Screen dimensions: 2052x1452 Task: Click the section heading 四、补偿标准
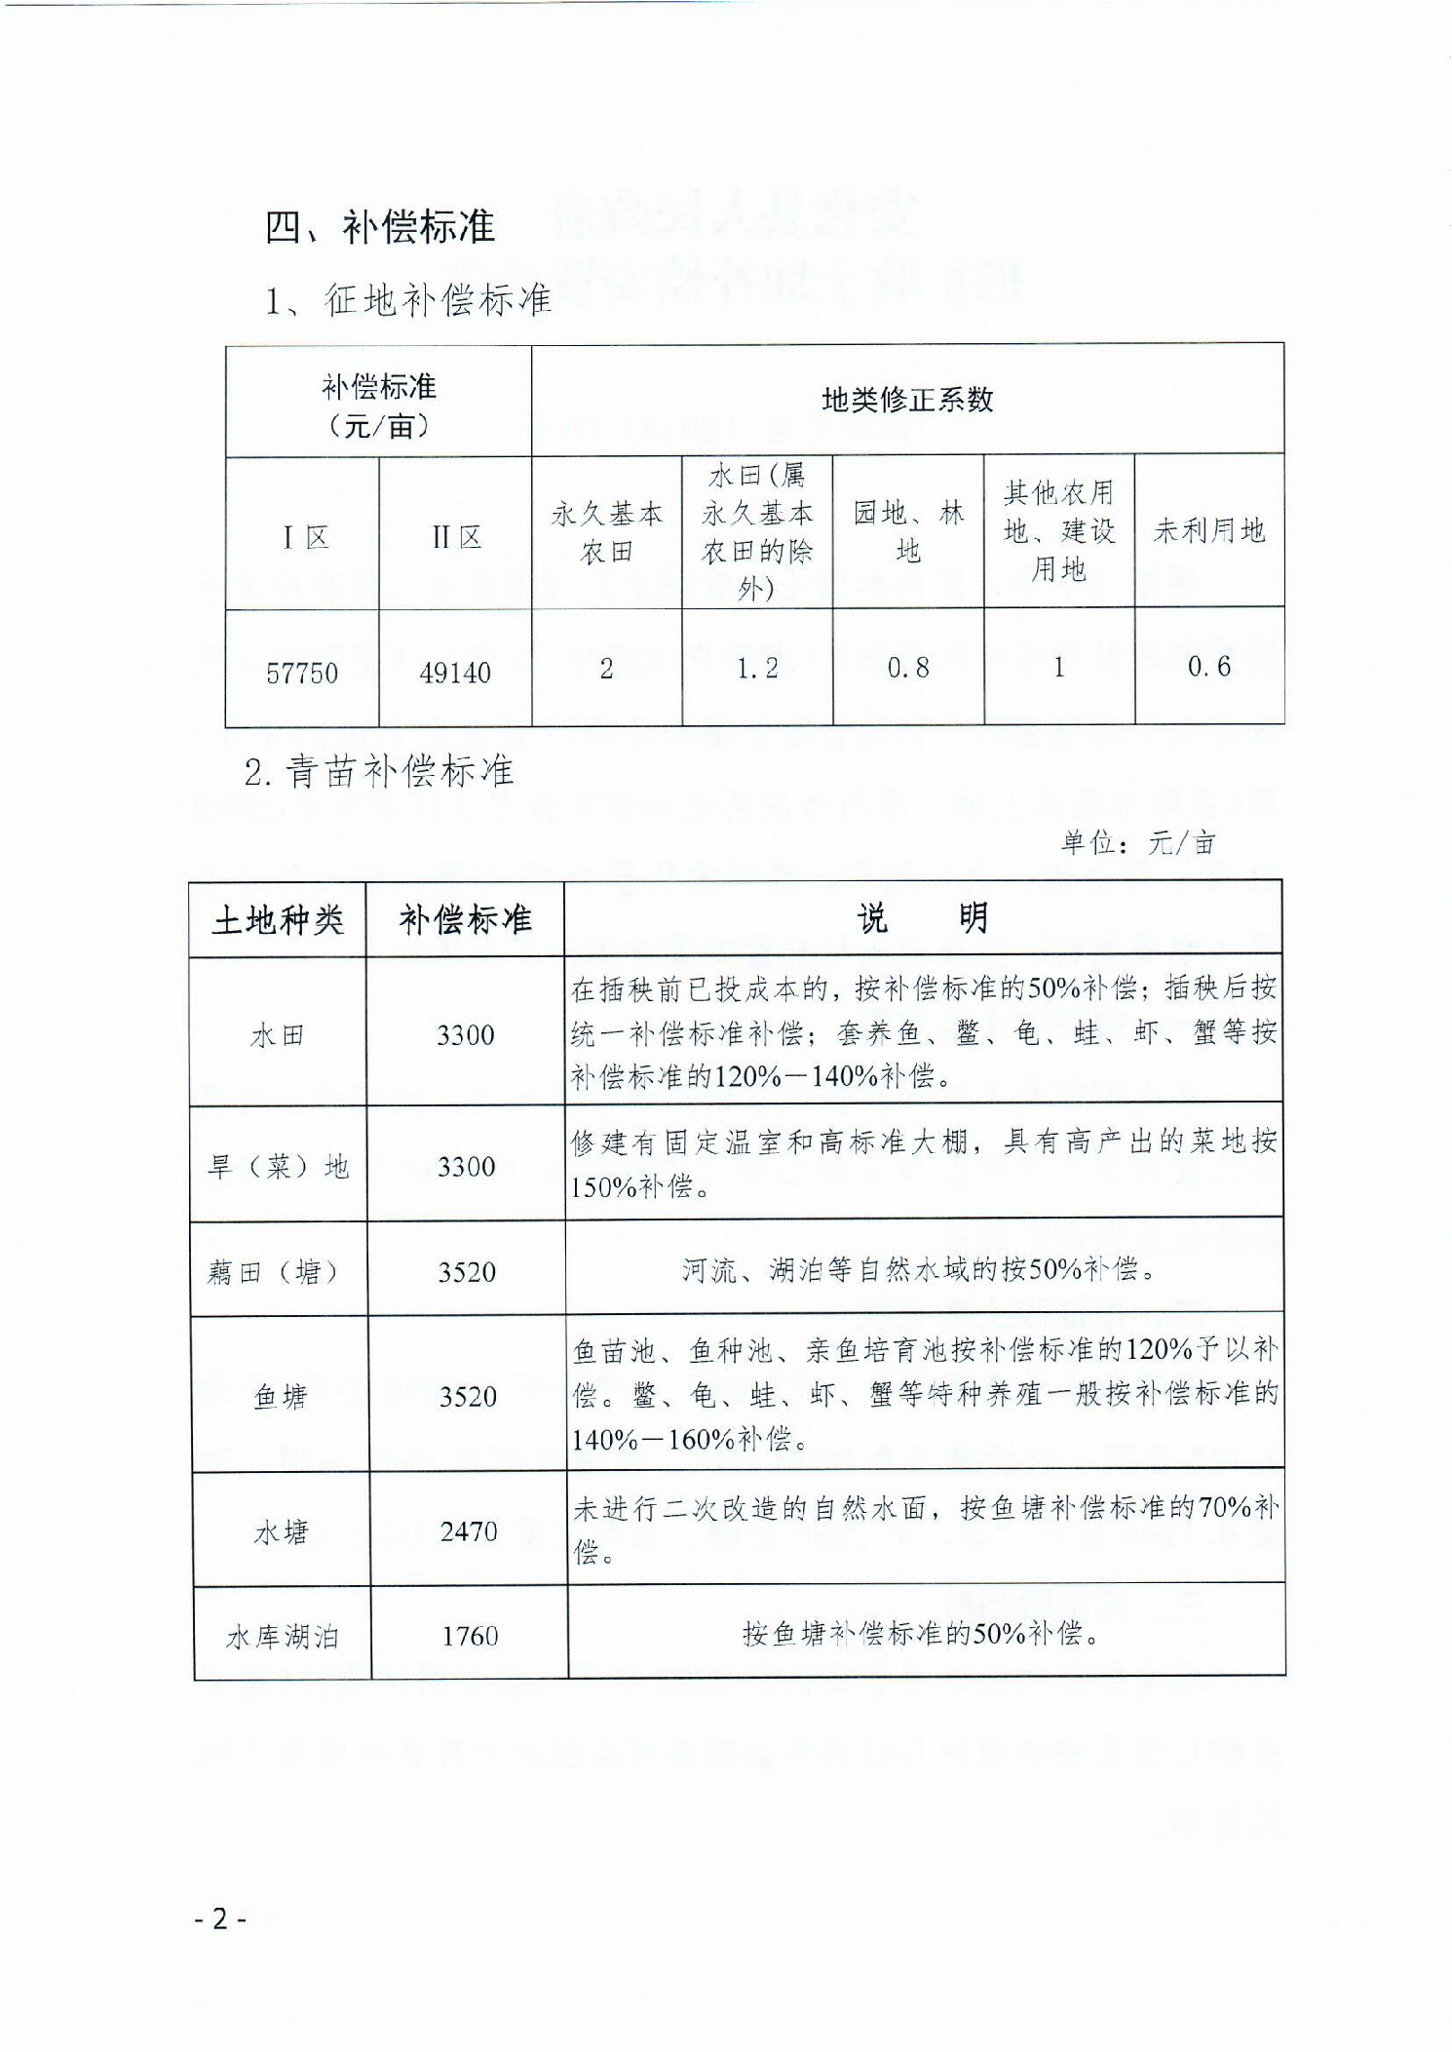[380, 228]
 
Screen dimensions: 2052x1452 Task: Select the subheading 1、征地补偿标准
[408, 299]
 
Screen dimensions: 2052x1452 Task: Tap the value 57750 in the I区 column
[302, 673]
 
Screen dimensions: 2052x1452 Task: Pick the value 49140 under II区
[455, 673]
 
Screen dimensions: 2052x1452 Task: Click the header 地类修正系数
[907, 400]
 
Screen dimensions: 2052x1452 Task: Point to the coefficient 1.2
[757, 668]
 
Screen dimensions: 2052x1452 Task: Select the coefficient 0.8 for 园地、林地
[908, 668]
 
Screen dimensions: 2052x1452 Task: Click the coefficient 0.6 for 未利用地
[1209, 667]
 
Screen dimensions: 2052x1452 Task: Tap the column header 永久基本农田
[606, 532]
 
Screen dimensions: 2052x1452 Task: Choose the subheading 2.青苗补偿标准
[379, 772]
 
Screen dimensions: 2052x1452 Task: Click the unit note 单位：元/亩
[1138, 842]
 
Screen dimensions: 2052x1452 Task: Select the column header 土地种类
[278, 919]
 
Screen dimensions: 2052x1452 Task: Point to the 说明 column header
[922, 917]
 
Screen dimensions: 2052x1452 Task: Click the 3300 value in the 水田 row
[465, 1034]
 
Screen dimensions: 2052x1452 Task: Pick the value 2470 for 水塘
[469, 1530]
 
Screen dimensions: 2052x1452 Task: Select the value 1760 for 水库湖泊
[470, 1635]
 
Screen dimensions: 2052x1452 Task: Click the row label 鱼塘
[281, 1397]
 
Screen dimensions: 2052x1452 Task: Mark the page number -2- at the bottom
[220, 1918]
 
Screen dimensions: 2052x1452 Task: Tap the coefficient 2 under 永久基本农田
[606, 669]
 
